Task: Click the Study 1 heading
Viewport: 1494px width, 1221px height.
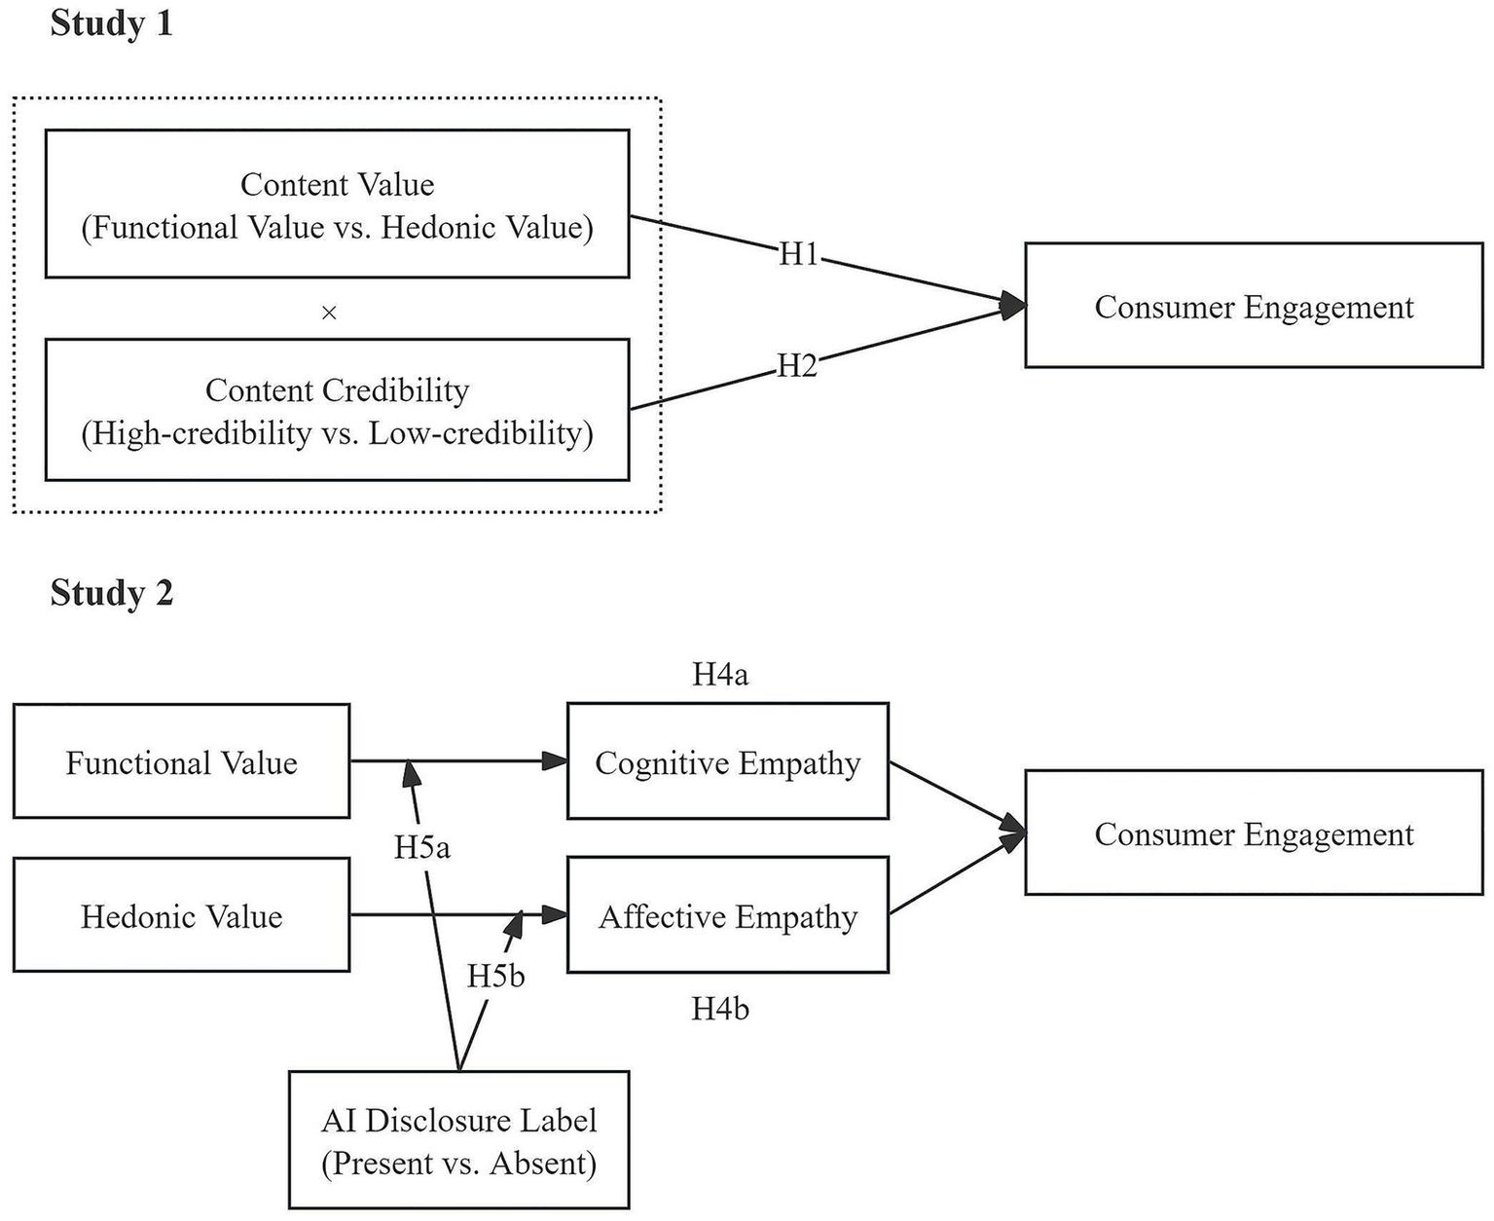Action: coord(111,23)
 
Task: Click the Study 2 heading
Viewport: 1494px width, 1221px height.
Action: coord(111,592)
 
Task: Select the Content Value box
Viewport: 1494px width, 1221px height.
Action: coord(337,204)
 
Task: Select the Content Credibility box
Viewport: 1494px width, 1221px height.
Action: coord(337,410)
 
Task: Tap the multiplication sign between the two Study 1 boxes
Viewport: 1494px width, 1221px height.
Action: coord(329,313)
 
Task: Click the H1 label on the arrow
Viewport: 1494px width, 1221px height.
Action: coord(798,255)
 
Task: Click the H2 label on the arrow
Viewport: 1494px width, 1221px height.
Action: coord(796,366)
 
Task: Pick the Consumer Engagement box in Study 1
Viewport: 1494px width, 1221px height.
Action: coord(1254,306)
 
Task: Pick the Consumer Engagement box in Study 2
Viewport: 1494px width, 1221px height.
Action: coord(1254,833)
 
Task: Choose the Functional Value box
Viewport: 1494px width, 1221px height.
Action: coord(181,761)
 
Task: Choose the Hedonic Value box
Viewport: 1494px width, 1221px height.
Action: coord(181,915)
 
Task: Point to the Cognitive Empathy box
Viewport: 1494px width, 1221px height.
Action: coord(727,761)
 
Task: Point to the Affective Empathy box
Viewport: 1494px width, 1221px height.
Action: coord(727,915)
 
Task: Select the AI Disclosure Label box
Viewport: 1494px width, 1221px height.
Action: coord(458,1140)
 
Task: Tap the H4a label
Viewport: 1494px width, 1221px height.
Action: coord(720,674)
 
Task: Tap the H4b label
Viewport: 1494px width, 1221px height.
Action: coord(720,1009)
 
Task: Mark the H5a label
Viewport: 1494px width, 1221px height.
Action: coord(421,847)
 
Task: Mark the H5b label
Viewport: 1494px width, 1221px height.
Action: coord(495,976)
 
